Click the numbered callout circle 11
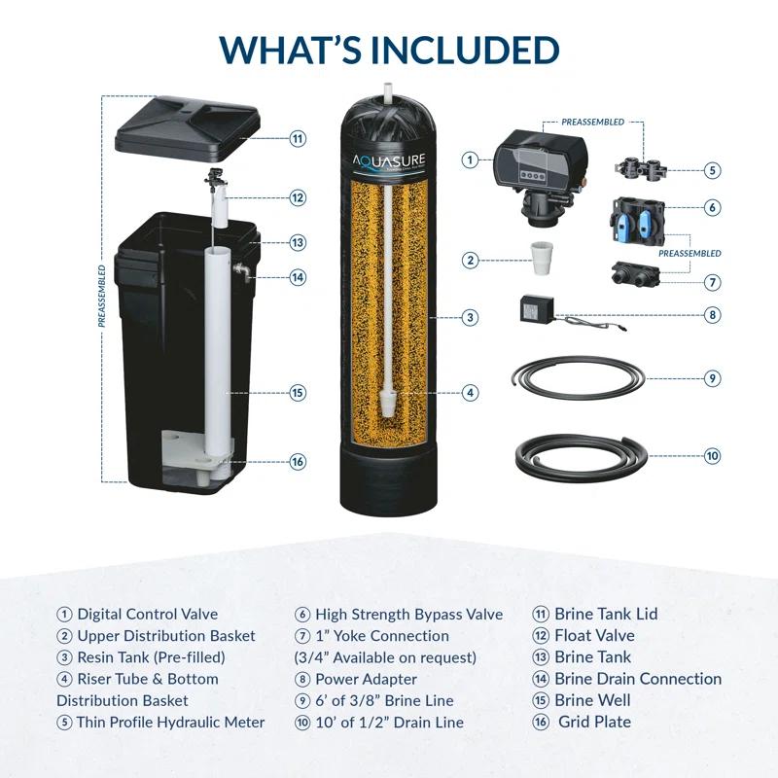tap(298, 138)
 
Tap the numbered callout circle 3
tap(470, 317)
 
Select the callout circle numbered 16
tap(298, 461)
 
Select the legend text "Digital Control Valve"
tap(147, 614)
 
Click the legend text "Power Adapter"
tap(366, 679)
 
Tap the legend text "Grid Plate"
tap(594, 722)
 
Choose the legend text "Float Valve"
tap(594, 635)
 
